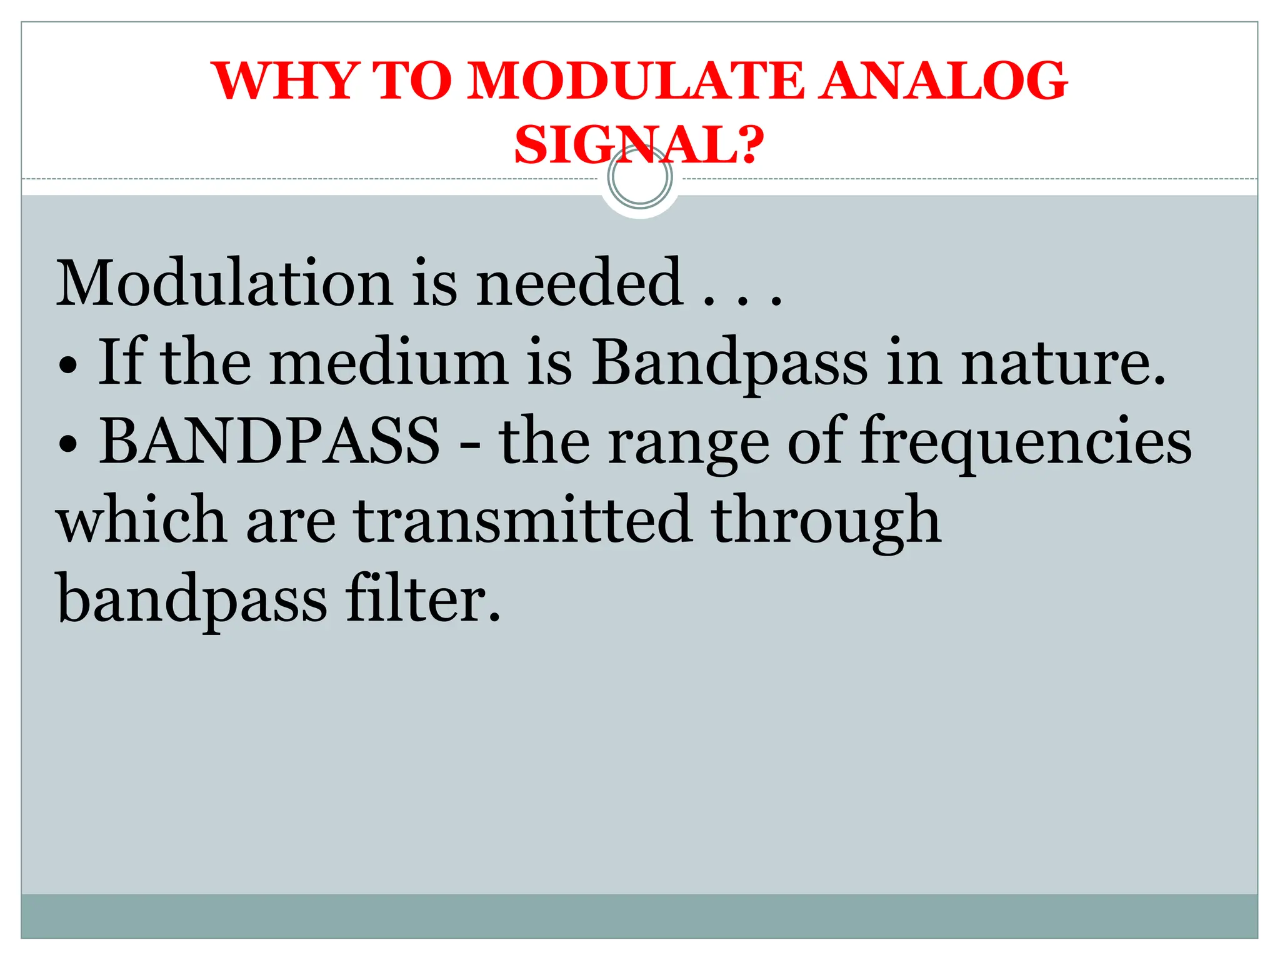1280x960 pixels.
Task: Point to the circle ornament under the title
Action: pos(639,178)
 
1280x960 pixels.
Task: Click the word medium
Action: pos(389,362)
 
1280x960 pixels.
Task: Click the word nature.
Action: pos(1062,362)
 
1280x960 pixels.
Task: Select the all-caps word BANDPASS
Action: pos(269,441)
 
